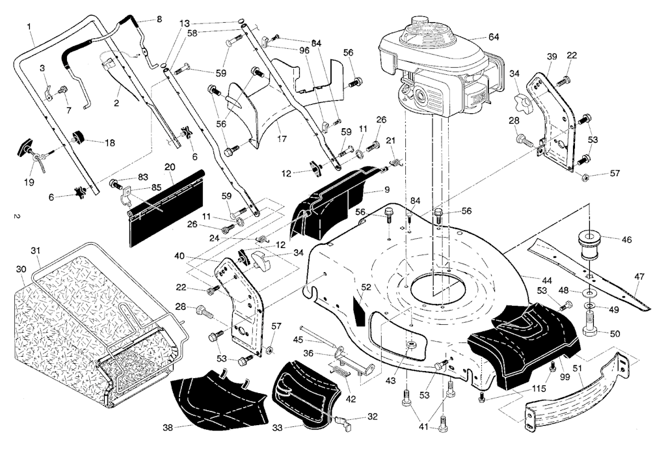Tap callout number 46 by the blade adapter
[x=626, y=240]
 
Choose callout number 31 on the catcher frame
[x=36, y=251]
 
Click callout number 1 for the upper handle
[x=29, y=26]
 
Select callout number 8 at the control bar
[x=159, y=19]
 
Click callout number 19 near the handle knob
[x=29, y=183]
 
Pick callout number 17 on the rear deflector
[x=281, y=139]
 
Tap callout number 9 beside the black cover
[x=386, y=189]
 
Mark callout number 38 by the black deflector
[x=168, y=428]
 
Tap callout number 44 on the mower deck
[x=548, y=279]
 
